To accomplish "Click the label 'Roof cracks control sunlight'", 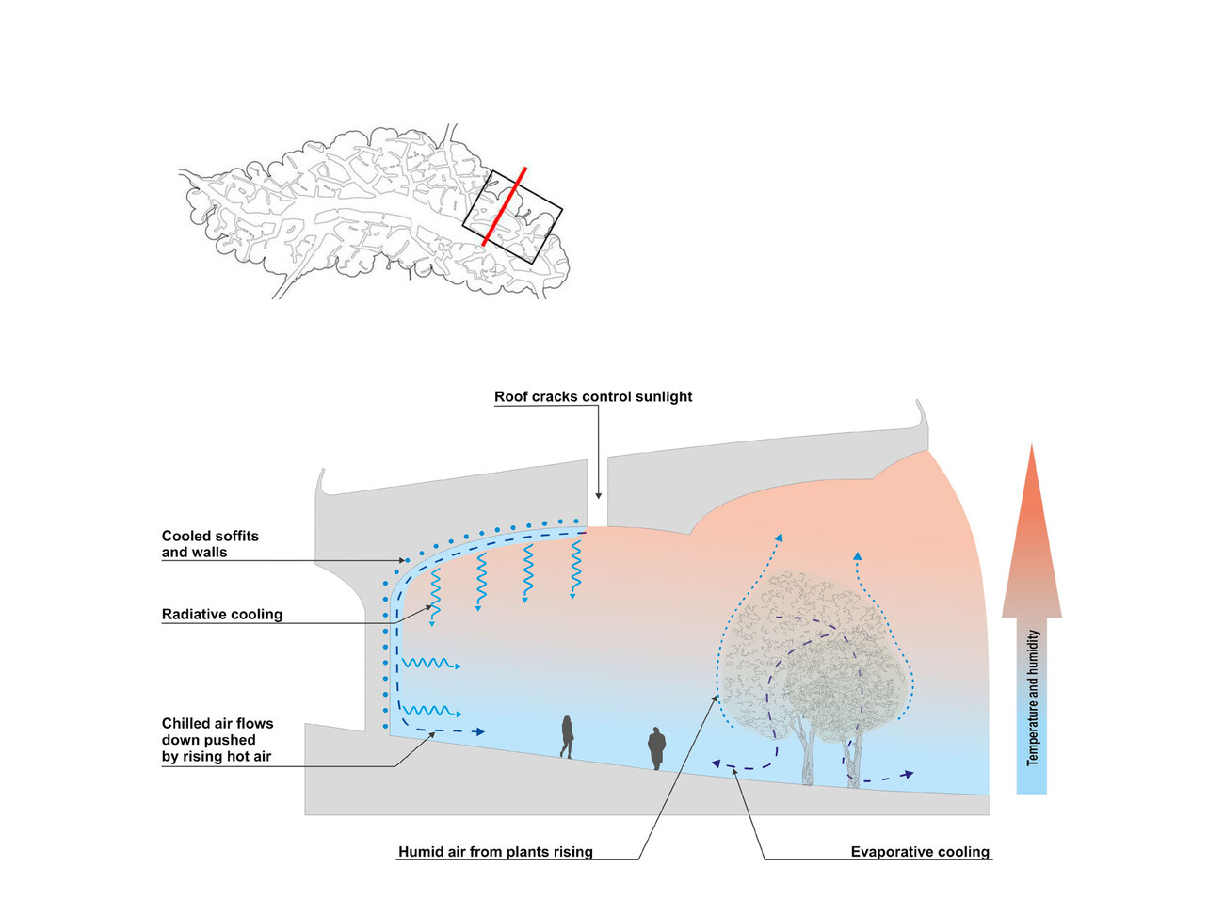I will pyautogui.click(x=593, y=397).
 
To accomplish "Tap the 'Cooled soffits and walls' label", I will pyautogui.click(x=209, y=544).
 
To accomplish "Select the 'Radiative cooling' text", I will pyautogui.click(x=222, y=615).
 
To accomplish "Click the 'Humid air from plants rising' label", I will pyautogui.click(x=495, y=852).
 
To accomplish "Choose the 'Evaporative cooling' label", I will pyautogui.click(x=920, y=852).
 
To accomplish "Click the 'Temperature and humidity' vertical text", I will pyautogui.click(x=1033, y=697).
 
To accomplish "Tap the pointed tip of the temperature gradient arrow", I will pyautogui.click(x=1032, y=448).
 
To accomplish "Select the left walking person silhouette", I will pyautogui.click(x=567, y=736).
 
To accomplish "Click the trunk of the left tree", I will pyautogui.click(x=808, y=753).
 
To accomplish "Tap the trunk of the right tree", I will pyautogui.click(x=853, y=758).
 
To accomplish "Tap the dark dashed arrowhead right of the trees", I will pyautogui.click(x=908, y=775).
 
